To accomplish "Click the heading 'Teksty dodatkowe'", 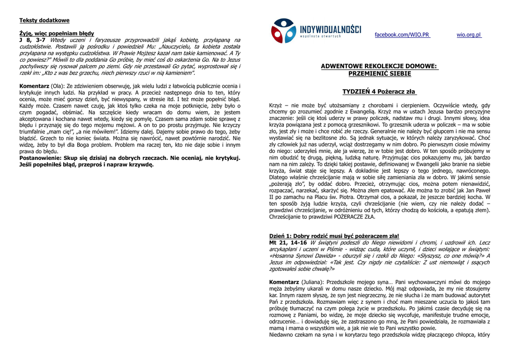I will pos(44,20).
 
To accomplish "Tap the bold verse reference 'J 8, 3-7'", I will pos(33,39).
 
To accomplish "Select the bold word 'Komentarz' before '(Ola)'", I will pos(34,86).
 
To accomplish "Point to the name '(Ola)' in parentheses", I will pos(59,86).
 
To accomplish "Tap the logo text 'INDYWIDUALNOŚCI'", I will pos(330,28).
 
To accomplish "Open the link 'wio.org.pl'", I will pos(469,35).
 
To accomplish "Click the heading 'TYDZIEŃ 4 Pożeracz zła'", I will pos(379,92).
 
